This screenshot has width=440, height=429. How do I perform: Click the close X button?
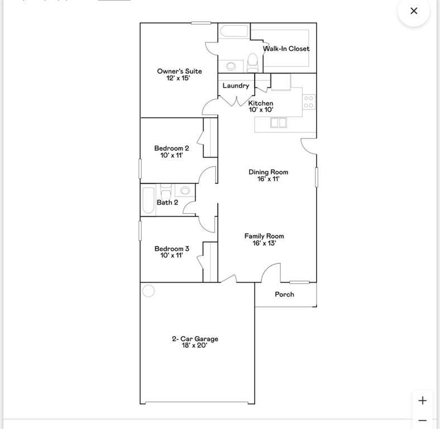[x=414, y=11]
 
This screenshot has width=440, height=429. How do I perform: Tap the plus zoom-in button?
[x=422, y=401]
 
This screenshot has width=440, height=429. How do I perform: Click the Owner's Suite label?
[x=179, y=71]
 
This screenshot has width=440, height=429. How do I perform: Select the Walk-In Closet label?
[x=286, y=49]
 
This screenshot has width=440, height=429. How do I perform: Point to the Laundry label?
[x=236, y=85]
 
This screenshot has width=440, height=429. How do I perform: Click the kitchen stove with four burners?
[x=309, y=102]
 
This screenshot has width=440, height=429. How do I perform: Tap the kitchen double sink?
[x=279, y=123]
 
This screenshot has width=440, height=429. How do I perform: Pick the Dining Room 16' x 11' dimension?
[x=269, y=179]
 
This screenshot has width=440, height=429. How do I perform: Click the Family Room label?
[x=264, y=236]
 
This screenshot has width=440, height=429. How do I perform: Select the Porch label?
[x=285, y=294]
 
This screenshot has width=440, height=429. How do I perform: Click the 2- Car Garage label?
[x=195, y=339]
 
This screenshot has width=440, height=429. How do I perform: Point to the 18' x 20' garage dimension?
[x=194, y=345]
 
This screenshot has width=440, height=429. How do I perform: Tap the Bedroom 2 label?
[x=171, y=148]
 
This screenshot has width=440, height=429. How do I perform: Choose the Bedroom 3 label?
[x=172, y=249]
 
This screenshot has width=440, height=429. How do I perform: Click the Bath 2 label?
[x=168, y=202]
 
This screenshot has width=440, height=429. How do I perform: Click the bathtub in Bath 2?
[x=149, y=200]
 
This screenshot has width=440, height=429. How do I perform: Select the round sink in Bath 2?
[x=185, y=190]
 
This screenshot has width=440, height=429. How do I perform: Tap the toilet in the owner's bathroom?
[x=252, y=63]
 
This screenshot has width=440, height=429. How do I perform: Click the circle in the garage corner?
[x=149, y=291]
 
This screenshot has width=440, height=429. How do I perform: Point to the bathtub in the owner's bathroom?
[x=234, y=31]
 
